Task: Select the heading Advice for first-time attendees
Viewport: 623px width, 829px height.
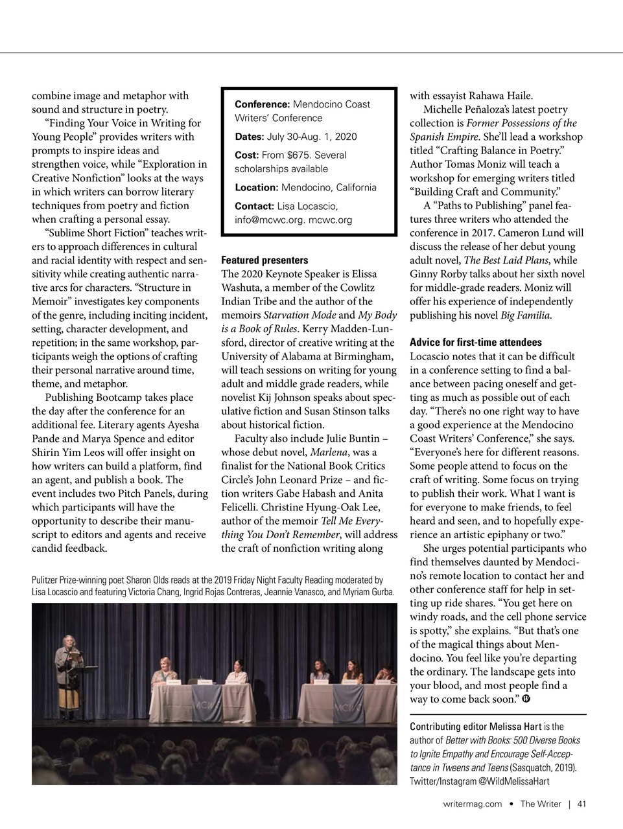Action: point(475,342)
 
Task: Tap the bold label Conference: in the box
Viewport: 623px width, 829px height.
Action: point(262,104)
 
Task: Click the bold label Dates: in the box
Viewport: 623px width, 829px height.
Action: point(249,137)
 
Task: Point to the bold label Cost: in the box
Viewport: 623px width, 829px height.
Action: point(246,155)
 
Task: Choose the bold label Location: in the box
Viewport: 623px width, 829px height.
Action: point(256,187)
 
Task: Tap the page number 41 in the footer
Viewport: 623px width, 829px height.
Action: point(582,804)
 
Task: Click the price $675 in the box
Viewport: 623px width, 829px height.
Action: point(300,155)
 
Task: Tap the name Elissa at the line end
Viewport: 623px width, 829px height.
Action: point(364,274)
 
